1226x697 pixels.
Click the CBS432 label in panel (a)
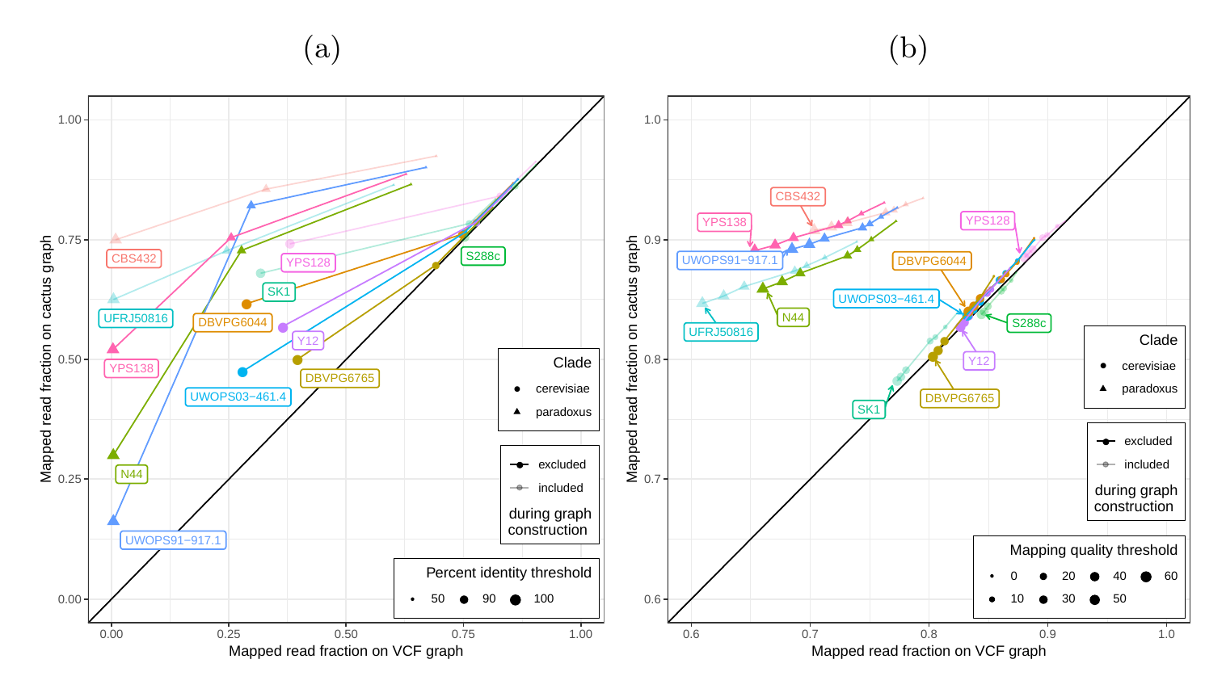134,258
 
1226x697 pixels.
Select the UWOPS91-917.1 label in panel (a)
173,540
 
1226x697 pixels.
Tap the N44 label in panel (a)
132,474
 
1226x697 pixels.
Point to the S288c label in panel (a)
482,256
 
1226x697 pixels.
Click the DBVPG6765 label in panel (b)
959,398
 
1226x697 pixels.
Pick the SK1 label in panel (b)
869,409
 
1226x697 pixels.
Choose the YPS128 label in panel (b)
988,220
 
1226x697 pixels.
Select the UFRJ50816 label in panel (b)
721,332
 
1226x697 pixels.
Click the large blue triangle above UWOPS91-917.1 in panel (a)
113,520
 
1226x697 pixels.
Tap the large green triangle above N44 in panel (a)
113,454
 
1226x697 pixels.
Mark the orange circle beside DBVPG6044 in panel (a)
246,304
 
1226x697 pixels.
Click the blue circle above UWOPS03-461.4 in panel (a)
242,372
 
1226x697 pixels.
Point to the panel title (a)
322,48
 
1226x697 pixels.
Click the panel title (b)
908,48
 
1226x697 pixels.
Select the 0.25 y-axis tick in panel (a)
69,479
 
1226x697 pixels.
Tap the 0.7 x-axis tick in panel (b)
810,634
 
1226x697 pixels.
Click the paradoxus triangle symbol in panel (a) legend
517,411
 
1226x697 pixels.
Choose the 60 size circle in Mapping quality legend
1146,577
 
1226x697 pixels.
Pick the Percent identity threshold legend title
508,573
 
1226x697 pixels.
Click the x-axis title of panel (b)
929,651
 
